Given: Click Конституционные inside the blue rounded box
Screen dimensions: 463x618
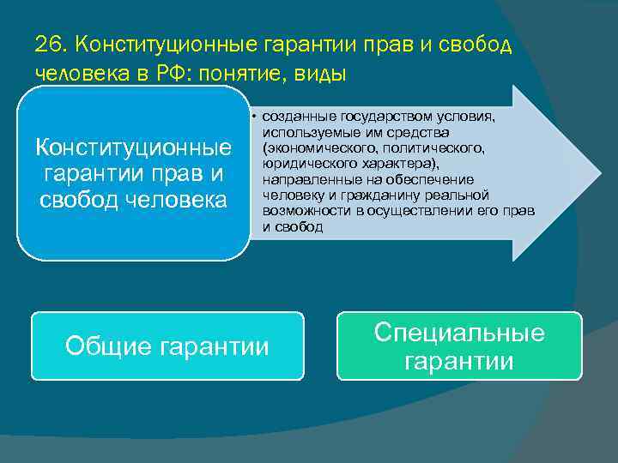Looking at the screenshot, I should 133,147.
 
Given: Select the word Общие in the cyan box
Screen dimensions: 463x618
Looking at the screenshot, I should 109,346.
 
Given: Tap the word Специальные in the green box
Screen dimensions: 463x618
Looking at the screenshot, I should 459,333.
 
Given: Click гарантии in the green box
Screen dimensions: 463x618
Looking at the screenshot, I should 459,362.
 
